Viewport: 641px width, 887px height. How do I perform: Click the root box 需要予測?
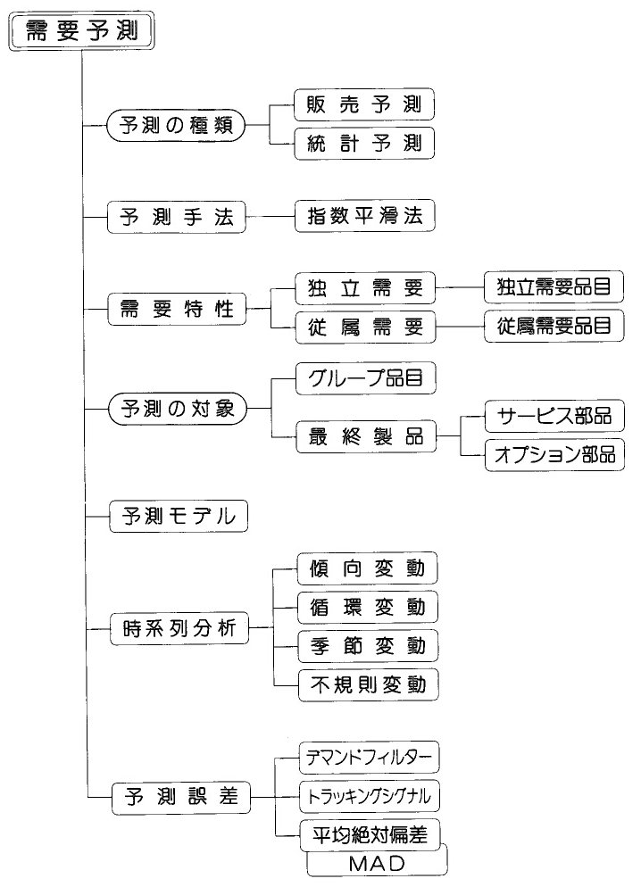pos(81,31)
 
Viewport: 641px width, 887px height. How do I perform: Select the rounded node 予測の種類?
pos(176,125)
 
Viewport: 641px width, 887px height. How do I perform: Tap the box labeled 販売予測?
pos(363,104)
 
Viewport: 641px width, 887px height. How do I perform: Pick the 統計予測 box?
pos(363,143)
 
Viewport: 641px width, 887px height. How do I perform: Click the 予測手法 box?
pos(177,217)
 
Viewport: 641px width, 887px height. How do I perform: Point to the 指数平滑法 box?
pos(365,215)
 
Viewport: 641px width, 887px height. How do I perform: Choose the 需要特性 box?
pos(177,309)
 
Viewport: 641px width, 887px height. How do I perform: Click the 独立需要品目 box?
pos(554,286)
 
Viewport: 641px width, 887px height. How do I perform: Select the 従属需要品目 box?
pos(554,326)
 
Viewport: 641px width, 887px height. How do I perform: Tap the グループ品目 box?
pos(366,377)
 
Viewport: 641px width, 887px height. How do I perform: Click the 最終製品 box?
pos(366,436)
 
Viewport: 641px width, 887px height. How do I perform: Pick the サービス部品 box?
pos(555,416)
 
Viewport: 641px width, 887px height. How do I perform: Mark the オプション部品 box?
pos(555,454)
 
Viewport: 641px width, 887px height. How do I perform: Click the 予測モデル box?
pos(179,516)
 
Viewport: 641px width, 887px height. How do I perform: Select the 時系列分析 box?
pos(179,628)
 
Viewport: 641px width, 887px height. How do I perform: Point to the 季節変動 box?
pos(369,645)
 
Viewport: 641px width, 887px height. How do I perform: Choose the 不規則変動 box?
pos(369,685)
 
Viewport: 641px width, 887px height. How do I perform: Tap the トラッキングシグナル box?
pos(370,796)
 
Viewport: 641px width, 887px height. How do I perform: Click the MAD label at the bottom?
pos(378,863)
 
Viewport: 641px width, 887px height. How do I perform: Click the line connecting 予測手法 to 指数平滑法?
pos(271,216)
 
